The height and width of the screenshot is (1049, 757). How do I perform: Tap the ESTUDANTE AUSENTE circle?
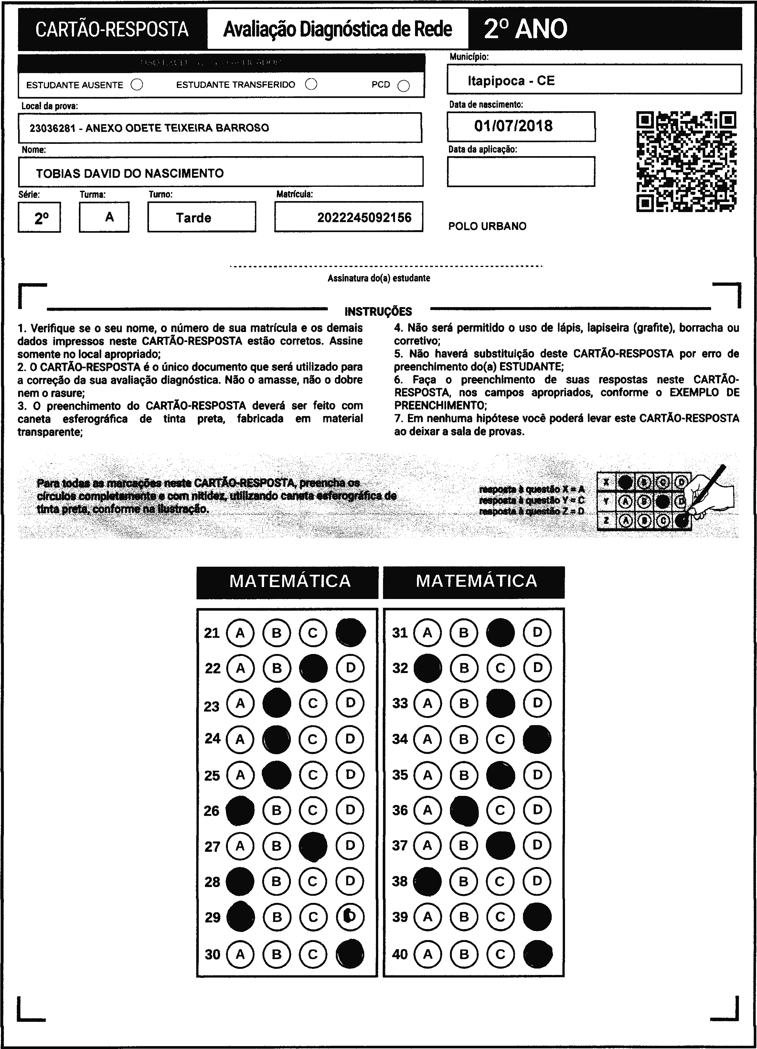(137, 85)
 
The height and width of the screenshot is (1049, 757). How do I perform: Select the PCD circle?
(404, 86)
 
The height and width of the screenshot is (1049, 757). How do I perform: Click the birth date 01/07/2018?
(513, 126)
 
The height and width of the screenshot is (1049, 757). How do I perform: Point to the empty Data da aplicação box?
(521, 172)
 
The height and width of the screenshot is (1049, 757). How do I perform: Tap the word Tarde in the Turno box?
(193, 218)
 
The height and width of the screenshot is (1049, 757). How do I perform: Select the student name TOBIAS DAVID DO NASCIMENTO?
(130, 174)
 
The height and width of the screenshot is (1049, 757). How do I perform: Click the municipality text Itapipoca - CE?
(511, 81)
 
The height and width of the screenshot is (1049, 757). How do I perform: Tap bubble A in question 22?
(240, 668)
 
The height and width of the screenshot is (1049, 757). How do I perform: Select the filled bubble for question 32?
(427, 668)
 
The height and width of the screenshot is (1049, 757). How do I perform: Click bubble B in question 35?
(464, 775)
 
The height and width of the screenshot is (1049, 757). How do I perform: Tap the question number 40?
(400, 954)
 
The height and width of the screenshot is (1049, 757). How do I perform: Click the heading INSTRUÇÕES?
(378, 311)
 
